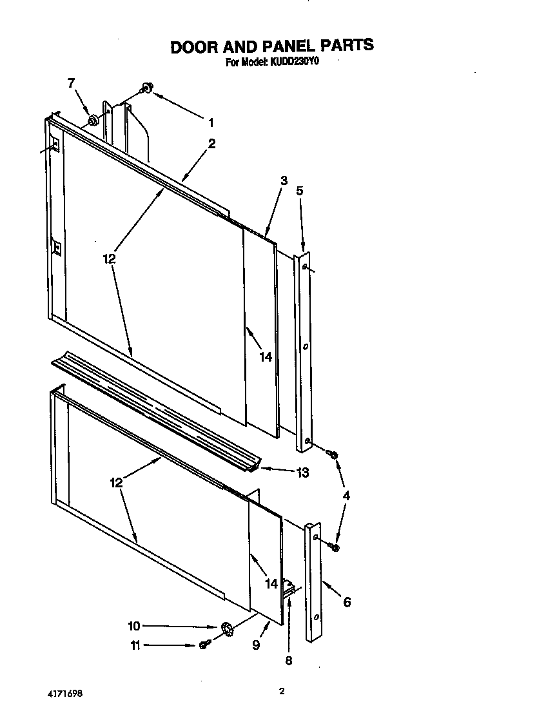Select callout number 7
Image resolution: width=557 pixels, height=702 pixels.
coord(71,83)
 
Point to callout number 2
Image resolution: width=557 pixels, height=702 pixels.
coord(211,144)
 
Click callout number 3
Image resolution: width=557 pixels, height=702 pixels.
coord(284,182)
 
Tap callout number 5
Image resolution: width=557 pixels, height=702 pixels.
coord(299,191)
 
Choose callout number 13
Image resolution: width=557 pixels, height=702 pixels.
coord(302,473)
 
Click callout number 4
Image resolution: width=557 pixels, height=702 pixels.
coord(346,496)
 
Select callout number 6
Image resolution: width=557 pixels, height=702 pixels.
coord(347,602)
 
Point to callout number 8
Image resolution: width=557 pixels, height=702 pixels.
coord(288,660)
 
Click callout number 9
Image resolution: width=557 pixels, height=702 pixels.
coord(256,645)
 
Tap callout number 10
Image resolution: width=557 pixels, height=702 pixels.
coord(134,625)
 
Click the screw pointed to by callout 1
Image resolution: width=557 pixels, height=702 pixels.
coord(148,88)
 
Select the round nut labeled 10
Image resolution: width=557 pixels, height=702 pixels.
coord(226,629)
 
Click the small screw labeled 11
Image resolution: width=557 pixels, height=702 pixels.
coord(203,645)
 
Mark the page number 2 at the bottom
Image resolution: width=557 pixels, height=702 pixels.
coord(282,691)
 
